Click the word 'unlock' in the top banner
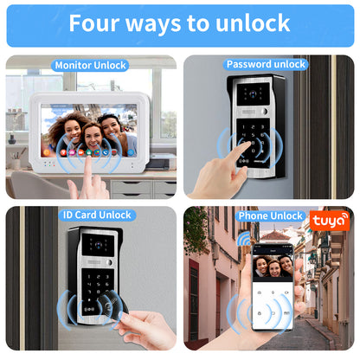point(253,23)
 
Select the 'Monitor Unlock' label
point(91,65)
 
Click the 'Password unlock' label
point(266,64)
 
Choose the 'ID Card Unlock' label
point(97,215)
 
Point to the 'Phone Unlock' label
point(270,215)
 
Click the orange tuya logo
point(330,221)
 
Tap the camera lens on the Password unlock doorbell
point(253,93)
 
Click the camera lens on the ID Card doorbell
point(99,245)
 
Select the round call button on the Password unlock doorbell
point(264,112)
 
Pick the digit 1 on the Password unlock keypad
point(244,127)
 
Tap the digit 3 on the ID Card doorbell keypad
point(107,277)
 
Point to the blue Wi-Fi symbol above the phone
point(244,238)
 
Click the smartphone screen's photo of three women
point(273,266)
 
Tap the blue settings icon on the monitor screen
point(131,152)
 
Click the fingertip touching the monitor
point(88,158)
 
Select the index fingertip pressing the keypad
point(247,145)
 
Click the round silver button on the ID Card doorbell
point(109,262)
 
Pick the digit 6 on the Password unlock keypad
point(262,135)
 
